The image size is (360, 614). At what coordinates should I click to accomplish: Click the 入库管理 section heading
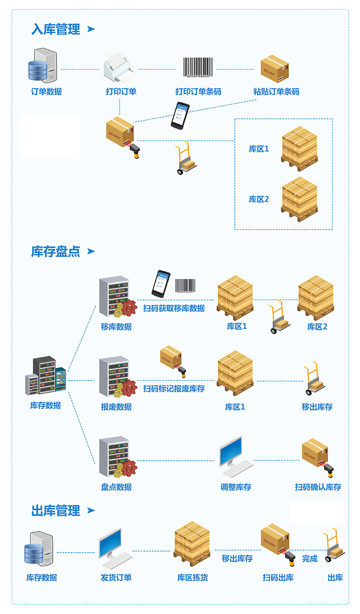(x=56, y=29)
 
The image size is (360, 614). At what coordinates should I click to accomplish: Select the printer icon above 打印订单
(x=119, y=68)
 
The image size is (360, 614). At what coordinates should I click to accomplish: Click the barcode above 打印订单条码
(x=198, y=68)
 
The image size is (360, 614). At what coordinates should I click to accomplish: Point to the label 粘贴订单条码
(x=276, y=92)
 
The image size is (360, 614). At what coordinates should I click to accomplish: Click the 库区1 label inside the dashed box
(x=259, y=149)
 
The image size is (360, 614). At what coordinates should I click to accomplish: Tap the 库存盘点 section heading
(x=56, y=251)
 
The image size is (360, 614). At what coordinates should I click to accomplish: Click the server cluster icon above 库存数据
(x=45, y=376)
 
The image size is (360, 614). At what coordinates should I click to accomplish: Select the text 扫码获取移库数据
(x=174, y=308)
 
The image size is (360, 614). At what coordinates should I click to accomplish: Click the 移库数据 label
(x=116, y=327)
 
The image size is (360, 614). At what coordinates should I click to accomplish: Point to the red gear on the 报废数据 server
(x=129, y=388)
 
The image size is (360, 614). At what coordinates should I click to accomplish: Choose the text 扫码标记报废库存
(x=174, y=389)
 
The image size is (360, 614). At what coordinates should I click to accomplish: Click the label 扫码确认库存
(x=318, y=487)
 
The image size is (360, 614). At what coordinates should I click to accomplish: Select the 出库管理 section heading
(x=56, y=511)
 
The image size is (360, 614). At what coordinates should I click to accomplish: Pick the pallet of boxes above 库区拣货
(x=192, y=543)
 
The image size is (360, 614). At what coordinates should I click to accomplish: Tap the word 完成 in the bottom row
(x=309, y=559)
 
